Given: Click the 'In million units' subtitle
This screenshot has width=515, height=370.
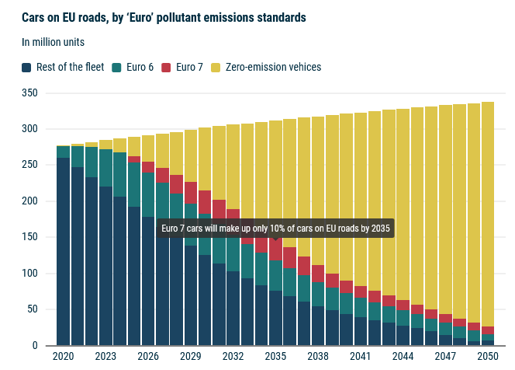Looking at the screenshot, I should point(54,42).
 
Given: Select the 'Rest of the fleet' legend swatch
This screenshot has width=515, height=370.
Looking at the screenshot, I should point(28,67).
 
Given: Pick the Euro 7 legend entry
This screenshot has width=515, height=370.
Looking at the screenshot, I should point(183,67).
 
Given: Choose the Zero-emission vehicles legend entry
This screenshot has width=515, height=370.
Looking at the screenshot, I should point(266,67).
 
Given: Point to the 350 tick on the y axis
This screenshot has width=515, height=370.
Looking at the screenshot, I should point(30,93).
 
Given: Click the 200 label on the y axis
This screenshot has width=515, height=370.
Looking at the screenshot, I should point(30,201).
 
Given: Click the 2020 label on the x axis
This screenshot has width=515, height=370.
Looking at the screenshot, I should point(63,356).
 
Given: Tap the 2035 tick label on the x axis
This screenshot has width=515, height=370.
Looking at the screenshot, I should point(275,356).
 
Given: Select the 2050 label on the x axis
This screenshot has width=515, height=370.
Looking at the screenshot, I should point(488,356).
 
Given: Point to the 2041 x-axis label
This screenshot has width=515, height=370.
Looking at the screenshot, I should point(360,356).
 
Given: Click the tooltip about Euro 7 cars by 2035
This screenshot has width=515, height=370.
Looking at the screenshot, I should point(275,228).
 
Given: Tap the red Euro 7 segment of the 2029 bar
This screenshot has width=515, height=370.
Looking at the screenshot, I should point(190,192).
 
